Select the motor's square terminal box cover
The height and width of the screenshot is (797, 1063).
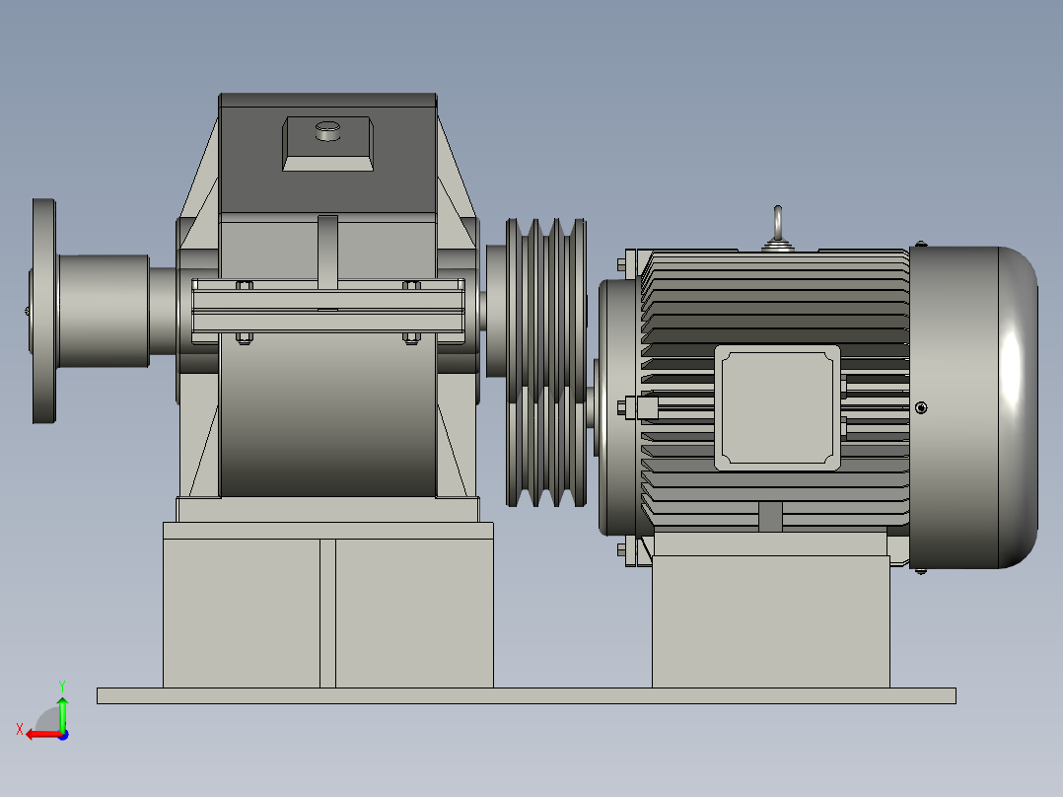click(x=777, y=405)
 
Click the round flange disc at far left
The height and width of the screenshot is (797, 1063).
click(x=43, y=312)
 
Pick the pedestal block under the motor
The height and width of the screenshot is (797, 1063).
click(x=770, y=621)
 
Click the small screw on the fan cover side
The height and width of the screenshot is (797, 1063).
click(x=921, y=407)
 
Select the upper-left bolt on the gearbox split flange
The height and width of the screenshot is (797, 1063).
click(x=245, y=286)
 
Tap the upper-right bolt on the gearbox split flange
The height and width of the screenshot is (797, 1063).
click(x=411, y=286)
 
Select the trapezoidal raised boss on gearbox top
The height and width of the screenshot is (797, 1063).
click(x=328, y=144)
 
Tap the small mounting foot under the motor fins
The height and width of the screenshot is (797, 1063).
click(x=769, y=517)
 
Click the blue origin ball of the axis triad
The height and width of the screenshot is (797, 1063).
click(x=63, y=734)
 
